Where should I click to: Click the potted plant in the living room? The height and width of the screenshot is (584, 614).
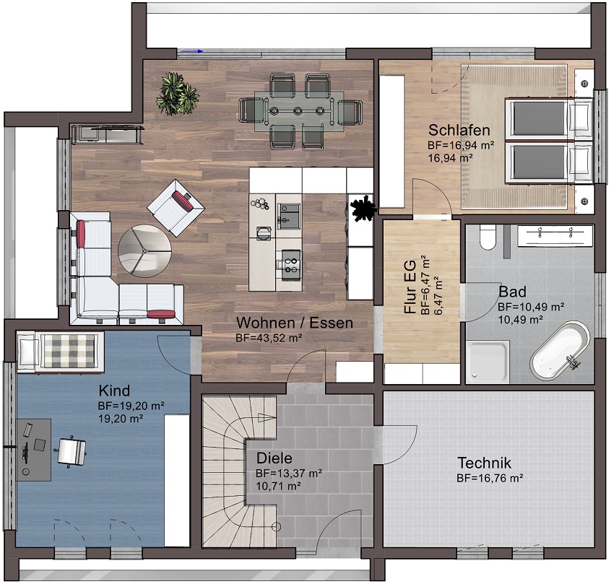pos(178,94)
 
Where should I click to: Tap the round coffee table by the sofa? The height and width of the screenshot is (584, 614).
pos(145,251)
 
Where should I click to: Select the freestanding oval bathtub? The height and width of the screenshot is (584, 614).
pos(560,350)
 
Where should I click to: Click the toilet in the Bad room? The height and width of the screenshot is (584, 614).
pos(488,237)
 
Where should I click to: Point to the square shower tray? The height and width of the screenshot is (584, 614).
pos(488,362)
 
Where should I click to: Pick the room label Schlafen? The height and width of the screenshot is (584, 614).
pos(459,130)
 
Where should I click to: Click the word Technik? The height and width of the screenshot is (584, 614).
pos(485,463)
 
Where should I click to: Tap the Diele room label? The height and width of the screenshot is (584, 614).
pos(274,458)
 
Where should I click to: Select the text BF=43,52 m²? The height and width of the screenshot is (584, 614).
pos(269,338)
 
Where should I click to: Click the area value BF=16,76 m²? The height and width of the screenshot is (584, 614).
pos(490,478)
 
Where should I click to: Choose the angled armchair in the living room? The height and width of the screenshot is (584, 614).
pos(176,208)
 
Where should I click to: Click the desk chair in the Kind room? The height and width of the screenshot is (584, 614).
pos(72,452)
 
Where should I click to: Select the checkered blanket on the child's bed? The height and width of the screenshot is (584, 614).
pos(69,351)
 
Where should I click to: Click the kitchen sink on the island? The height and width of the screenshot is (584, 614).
pos(289,217)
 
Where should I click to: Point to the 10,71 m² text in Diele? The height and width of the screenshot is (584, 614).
pos(278,487)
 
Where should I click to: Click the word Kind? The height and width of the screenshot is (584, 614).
pos(114,391)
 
